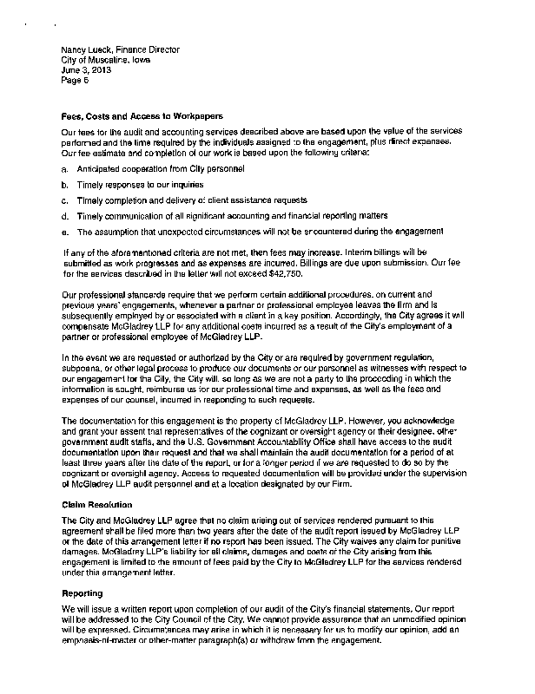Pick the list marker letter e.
(65, 232)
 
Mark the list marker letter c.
(65, 200)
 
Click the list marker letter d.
(65, 216)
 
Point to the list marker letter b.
(65, 185)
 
